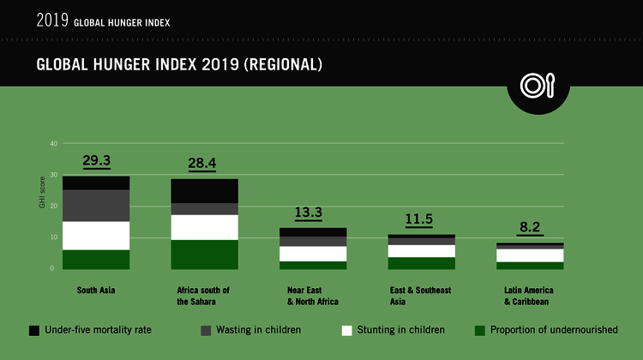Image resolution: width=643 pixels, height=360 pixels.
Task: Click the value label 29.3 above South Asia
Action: point(96,160)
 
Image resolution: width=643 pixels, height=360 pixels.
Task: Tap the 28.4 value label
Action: point(204,163)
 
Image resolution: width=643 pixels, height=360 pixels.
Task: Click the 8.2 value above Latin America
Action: point(529,229)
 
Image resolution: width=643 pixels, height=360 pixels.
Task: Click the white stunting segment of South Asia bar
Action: point(96,236)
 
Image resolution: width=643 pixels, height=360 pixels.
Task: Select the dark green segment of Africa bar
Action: point(204,255)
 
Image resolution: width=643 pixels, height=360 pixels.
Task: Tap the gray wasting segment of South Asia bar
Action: point(96,206)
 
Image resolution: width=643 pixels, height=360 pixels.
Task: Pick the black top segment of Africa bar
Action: point(204,190)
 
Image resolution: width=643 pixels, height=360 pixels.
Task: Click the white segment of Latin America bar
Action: point(529,255)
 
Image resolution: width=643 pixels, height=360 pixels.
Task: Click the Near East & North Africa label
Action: point(312,296)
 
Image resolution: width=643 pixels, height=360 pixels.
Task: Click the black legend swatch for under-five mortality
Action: point(34,329)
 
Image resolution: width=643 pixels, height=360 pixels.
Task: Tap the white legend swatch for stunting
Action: point(347,329)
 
